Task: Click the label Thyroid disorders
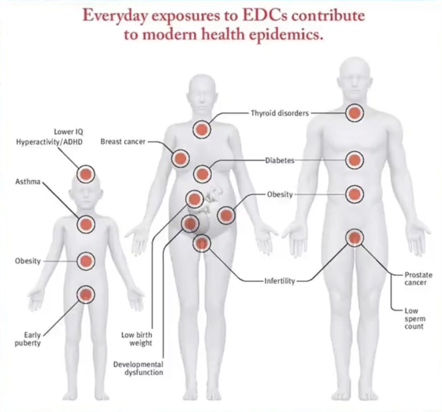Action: [280, 113]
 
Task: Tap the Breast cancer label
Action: [123, 142]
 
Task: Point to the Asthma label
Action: [28, 182]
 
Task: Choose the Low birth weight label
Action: [137, 339]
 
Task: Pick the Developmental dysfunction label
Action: [138, 368]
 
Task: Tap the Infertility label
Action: [279, 280]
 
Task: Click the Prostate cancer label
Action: [418, 278]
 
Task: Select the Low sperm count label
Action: [414, 318]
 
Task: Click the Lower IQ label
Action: [68, 132]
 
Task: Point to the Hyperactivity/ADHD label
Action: [50, 142]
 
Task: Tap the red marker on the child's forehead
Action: [86, 174]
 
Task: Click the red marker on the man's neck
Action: [354, 113]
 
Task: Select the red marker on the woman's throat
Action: [202, 129]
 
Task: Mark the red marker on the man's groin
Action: [354, 238]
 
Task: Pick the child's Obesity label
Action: [28, 261]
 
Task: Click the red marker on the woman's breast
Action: [180, 158]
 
